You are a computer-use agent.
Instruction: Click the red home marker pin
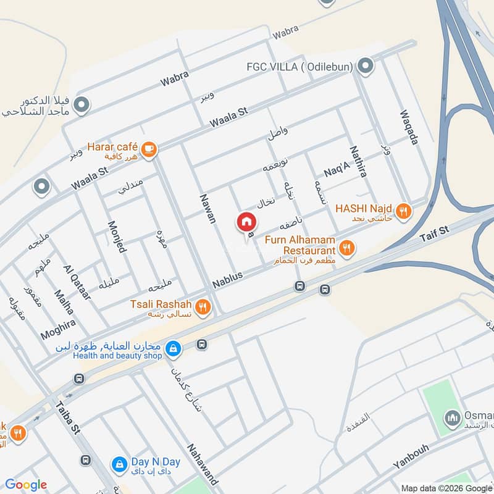pyautogui.click(x=246, y=222)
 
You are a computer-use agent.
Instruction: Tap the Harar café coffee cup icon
pyautogui.click(x=149, y=148)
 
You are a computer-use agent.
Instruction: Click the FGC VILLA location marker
pyautogui.click(x=366, y=65)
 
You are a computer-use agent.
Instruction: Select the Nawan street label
pyautogui.click(x=208, y=208)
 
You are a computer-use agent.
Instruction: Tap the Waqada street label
pyautogui.click(x=409, y=127)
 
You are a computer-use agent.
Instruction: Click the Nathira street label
pyautogui.click(x=359, y=162)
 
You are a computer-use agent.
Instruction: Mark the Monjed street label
pyautogui.click(x=117, y=237)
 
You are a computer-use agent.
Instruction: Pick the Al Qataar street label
pyautogui.click(x=77, y=282)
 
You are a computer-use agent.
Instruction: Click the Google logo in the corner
pyautogui.click(x=26, y=485)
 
